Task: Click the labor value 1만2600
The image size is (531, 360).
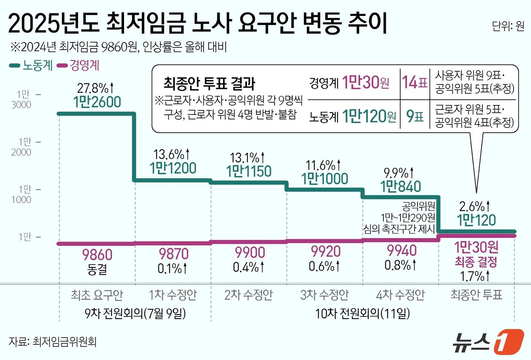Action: [97, 102]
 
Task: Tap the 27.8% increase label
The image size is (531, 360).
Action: [96, 88]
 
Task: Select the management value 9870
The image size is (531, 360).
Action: [173, 254]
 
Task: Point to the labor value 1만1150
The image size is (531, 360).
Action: [249, 171]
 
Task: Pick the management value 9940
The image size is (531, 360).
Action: [402, 250]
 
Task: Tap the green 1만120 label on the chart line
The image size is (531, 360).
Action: [476, 220]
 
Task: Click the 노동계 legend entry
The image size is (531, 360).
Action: [31, 65]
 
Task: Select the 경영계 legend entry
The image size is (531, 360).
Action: [79, 65]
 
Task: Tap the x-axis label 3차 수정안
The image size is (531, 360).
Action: [324, 295]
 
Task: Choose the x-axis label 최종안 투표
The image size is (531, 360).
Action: [476, 295]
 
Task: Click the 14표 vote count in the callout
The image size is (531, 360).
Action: [415, 82]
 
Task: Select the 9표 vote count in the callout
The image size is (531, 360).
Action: [415, 116]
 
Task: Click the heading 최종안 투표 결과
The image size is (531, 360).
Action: [209, 83]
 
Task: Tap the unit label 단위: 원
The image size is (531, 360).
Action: [508, 26]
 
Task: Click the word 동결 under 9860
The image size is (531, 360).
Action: [97, 269]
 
